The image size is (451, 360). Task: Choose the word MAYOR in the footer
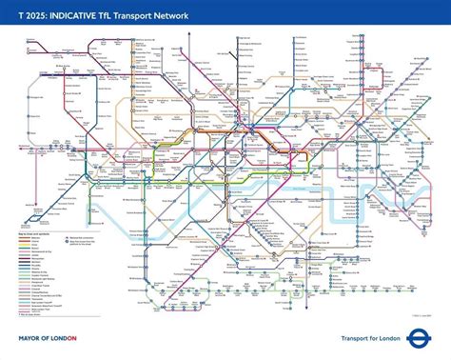tap(29, 337)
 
